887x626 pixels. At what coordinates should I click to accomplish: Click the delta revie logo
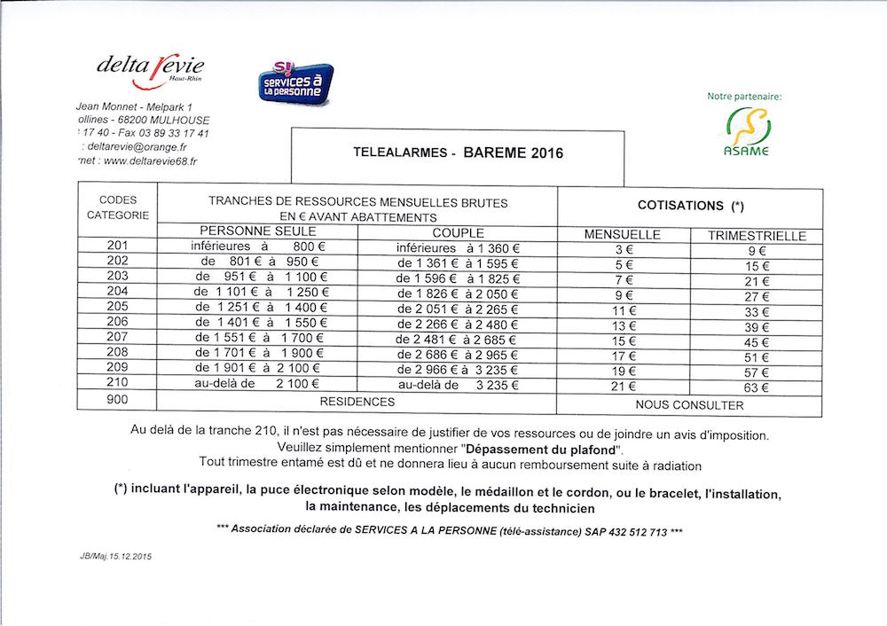[x=150, y=69]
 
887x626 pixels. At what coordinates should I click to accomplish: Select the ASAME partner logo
[x=746, y=131]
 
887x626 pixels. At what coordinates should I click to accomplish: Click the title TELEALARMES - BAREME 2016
[x=458, y=153]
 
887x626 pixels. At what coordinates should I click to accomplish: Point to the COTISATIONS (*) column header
[x=690, y=206]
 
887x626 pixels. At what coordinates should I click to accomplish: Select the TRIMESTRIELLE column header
[x=757, y=236]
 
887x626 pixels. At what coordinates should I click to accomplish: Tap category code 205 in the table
[x=117, y=306]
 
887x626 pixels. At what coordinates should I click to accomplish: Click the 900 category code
[x=117, y=400]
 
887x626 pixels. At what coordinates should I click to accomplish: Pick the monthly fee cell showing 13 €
[x=624, y=325]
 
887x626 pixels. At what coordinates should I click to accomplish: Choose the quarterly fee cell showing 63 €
[x=757, y=387]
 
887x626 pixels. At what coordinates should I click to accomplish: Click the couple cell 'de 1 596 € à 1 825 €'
[x=458, y=279]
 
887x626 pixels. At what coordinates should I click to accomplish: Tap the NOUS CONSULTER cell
[x=689, y=405]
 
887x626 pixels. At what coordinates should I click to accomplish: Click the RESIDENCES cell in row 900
[x=357, y=402]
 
